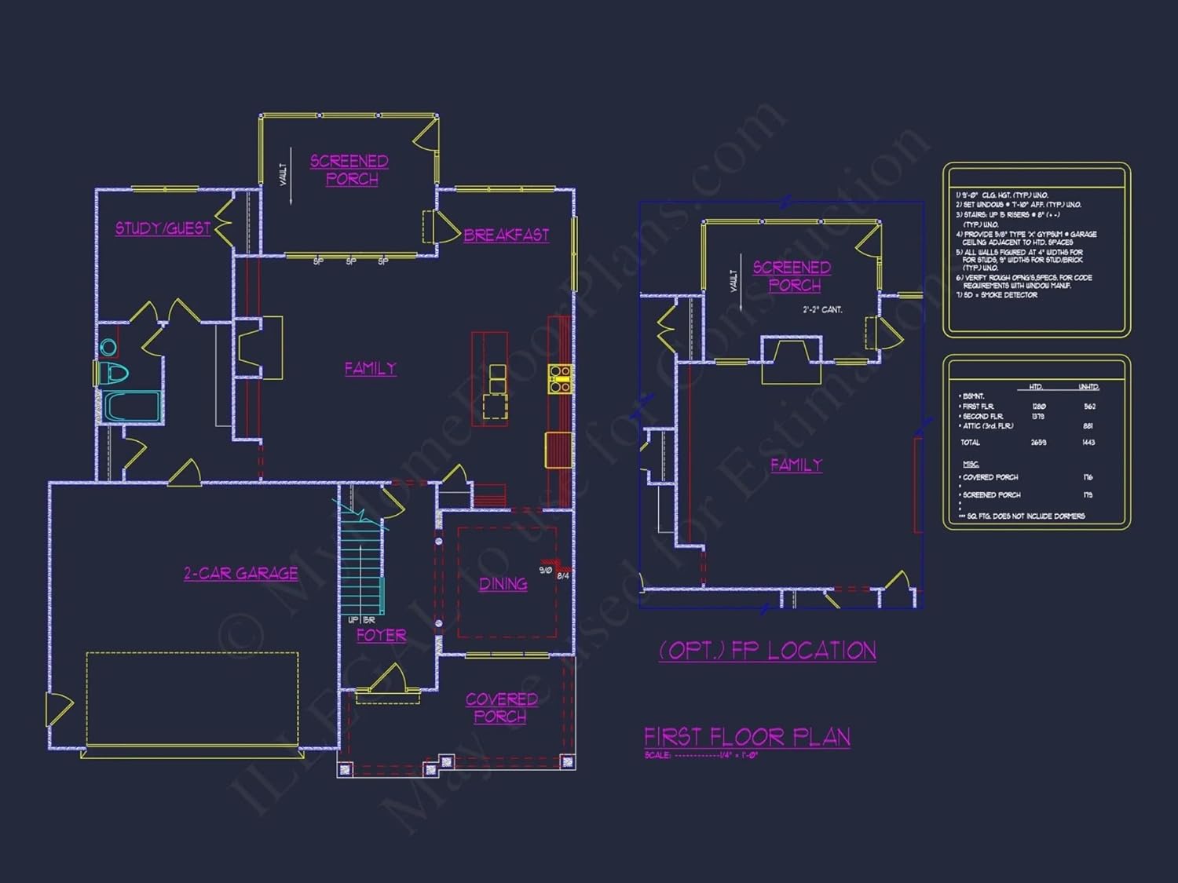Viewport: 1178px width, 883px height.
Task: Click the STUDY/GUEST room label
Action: [x=163, y=228]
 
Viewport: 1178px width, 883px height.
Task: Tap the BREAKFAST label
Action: [x=506, y=235]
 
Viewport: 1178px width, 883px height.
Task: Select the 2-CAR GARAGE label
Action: [x=241, y=574]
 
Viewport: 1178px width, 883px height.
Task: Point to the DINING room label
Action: [x=503, y=584]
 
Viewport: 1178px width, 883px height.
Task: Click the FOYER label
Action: [x=382, y=635]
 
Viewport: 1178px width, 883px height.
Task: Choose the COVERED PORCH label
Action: [x=501, y=707]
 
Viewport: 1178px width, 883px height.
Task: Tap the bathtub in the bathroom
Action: [x=131, y=407]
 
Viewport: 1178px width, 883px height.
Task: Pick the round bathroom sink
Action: [x=108, y=346]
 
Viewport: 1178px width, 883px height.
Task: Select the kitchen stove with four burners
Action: [x=559, y=378]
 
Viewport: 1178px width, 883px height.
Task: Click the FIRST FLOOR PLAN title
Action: [x=747, y=737]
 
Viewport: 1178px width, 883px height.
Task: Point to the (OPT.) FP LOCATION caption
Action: [x=767, y=651]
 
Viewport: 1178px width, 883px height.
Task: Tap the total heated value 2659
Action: [x=1038, y=443]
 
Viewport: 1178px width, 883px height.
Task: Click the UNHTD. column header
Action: [x=1088, y=387]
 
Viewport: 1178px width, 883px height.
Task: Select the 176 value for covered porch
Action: [x=1088, y=477]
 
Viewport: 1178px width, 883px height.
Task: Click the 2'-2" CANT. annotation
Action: [x=822, y=310]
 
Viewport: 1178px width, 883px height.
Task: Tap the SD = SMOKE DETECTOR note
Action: [x=997, y=295]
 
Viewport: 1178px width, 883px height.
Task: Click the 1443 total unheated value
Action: [x=1088, y=443]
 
